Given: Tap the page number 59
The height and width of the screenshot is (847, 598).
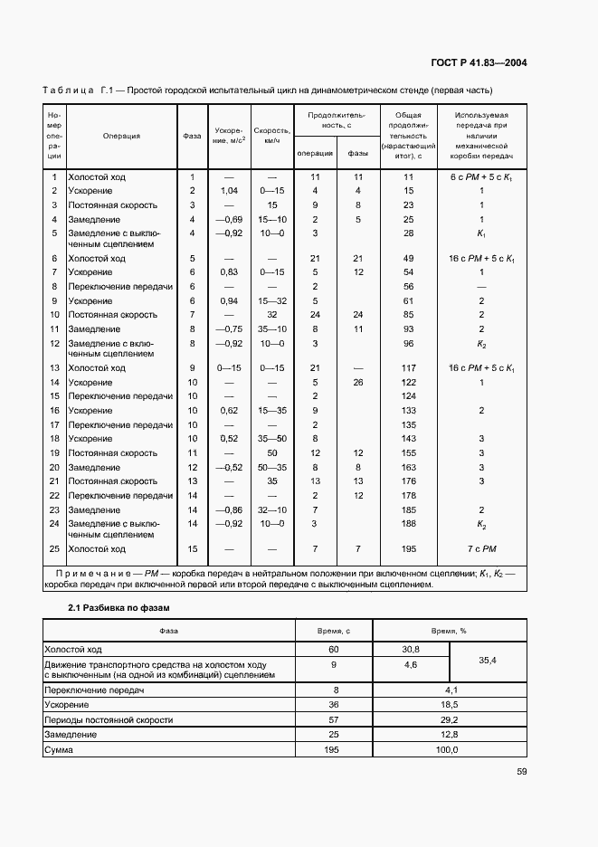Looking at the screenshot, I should [x=521, y=772].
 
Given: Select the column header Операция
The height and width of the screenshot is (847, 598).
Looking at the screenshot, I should [x=121, y=137].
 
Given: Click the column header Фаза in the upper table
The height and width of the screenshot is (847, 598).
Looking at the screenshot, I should [x=192, y=137].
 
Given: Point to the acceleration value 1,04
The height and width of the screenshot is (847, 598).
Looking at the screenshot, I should [x=229, y=191].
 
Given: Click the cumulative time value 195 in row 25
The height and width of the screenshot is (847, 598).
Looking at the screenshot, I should [x=408, y=549].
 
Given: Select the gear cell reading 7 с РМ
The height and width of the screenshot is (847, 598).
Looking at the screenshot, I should [x=482, y=549].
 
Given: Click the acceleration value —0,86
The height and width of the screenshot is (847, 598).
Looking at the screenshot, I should [x=229, y=510].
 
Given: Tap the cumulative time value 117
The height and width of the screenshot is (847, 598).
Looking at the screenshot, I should [x=408, y=368].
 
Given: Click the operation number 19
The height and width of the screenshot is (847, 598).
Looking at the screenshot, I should [x=54, y=452].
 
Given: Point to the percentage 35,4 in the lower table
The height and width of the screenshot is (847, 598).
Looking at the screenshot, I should [x=487, y=661].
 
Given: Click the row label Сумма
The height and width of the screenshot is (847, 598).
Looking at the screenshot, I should [x=59, y=750].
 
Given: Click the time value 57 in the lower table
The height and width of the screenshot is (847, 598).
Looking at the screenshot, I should [x=335, y=719].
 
